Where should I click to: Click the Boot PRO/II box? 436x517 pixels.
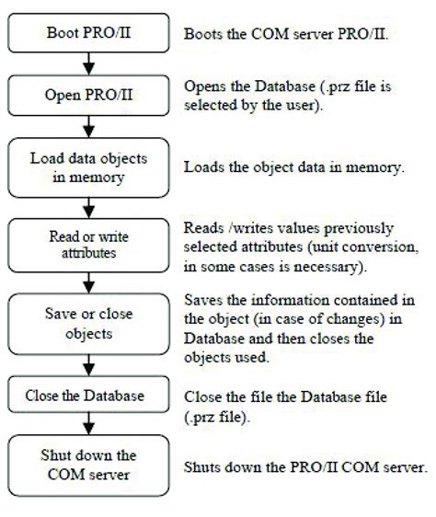pos(88,33)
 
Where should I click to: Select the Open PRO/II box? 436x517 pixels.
pos(88,93)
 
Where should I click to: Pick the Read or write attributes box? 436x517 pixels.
pos(88,242)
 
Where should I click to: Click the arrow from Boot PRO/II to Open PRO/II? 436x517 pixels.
pos(88,63)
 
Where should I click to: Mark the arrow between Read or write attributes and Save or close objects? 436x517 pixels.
pos(88,280)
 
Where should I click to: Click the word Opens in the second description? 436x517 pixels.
pos(204,85)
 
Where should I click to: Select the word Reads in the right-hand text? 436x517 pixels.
pos(204,227)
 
